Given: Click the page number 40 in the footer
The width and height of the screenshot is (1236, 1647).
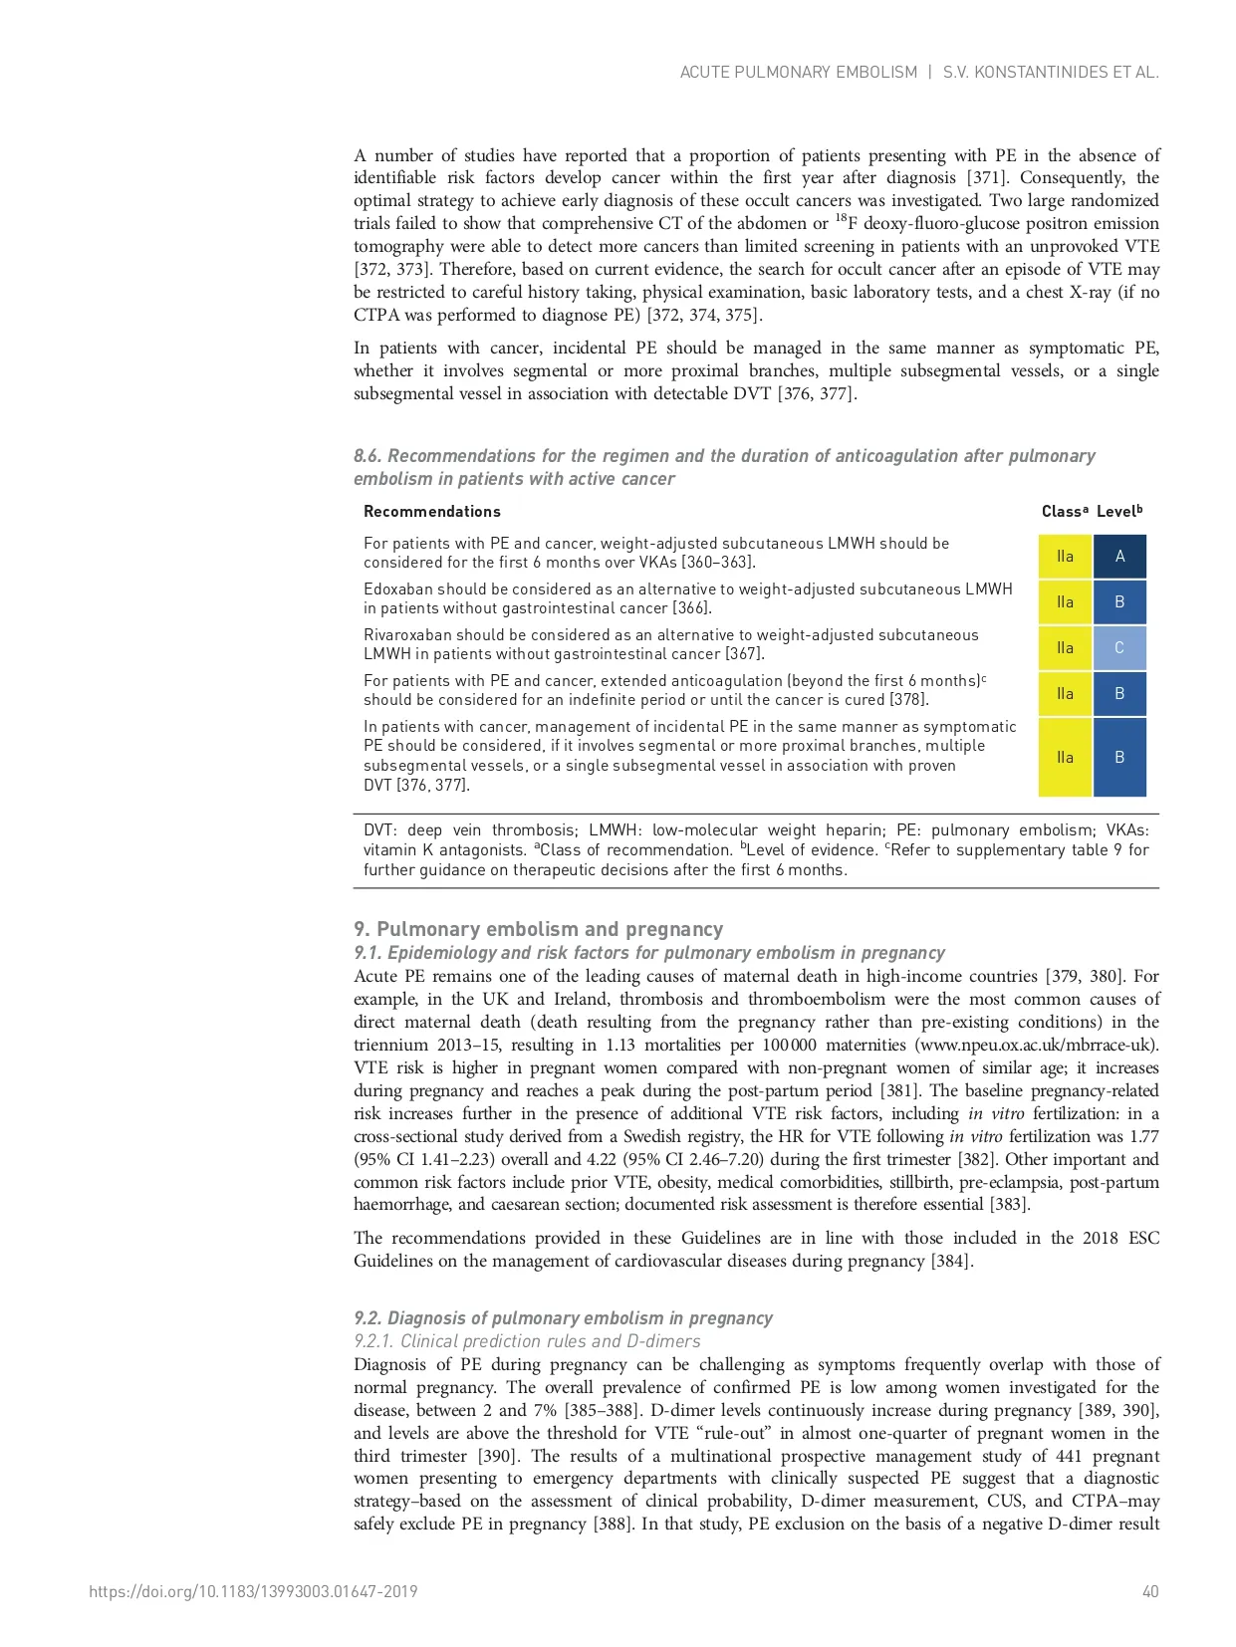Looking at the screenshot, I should coord(1149,1591).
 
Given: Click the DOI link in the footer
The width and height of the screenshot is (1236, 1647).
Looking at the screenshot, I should coord(253,1591).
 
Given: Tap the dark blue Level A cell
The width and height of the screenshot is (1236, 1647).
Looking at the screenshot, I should coord(1119,557).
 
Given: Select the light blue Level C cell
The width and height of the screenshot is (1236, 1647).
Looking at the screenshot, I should coord(1119,648).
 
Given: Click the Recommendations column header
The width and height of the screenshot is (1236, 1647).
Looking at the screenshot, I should coord(432,512).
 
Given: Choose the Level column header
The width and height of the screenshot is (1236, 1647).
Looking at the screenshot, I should coord(1118,512).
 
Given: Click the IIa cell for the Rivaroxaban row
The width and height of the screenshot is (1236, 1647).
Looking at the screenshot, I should coord(1065,648).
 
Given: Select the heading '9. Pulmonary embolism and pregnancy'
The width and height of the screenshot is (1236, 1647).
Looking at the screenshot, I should coord(538,929).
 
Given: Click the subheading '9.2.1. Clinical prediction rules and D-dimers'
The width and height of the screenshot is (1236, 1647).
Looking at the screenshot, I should coord(527,1341).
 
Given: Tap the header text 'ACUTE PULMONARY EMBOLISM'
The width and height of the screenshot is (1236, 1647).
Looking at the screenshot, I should coord(798,72).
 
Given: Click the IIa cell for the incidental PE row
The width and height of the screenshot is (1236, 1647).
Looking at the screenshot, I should coord(1065,758).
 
